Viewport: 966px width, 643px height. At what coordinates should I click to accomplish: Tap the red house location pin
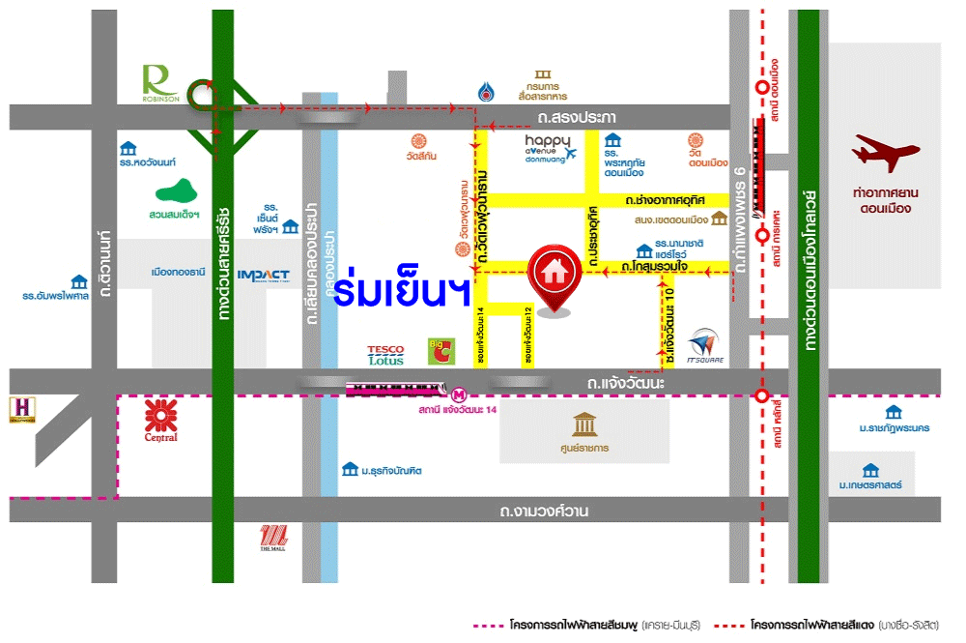(x=554, y=277)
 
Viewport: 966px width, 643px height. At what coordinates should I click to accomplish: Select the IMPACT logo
(x=263, y=275)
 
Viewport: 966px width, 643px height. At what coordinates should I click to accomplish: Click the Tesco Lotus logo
(x=385, y=355)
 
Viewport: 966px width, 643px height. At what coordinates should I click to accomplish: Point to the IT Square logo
(x=705, y=346)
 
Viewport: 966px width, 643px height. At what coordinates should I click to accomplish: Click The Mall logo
(x=272, y=537)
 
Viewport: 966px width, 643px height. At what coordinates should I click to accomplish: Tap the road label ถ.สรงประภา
(x=577, y=117)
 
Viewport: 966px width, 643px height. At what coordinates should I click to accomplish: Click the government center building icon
(x=584, y=424)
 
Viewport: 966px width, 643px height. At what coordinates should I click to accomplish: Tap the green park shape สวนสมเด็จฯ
(x=176, y=191)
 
